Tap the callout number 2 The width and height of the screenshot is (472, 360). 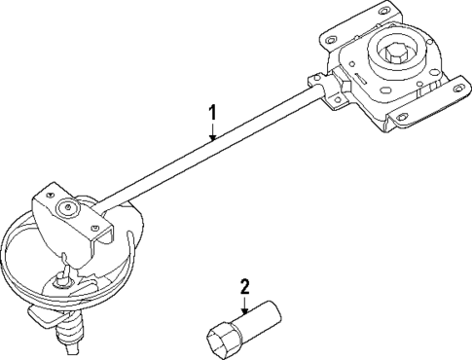tap(244, 286)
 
